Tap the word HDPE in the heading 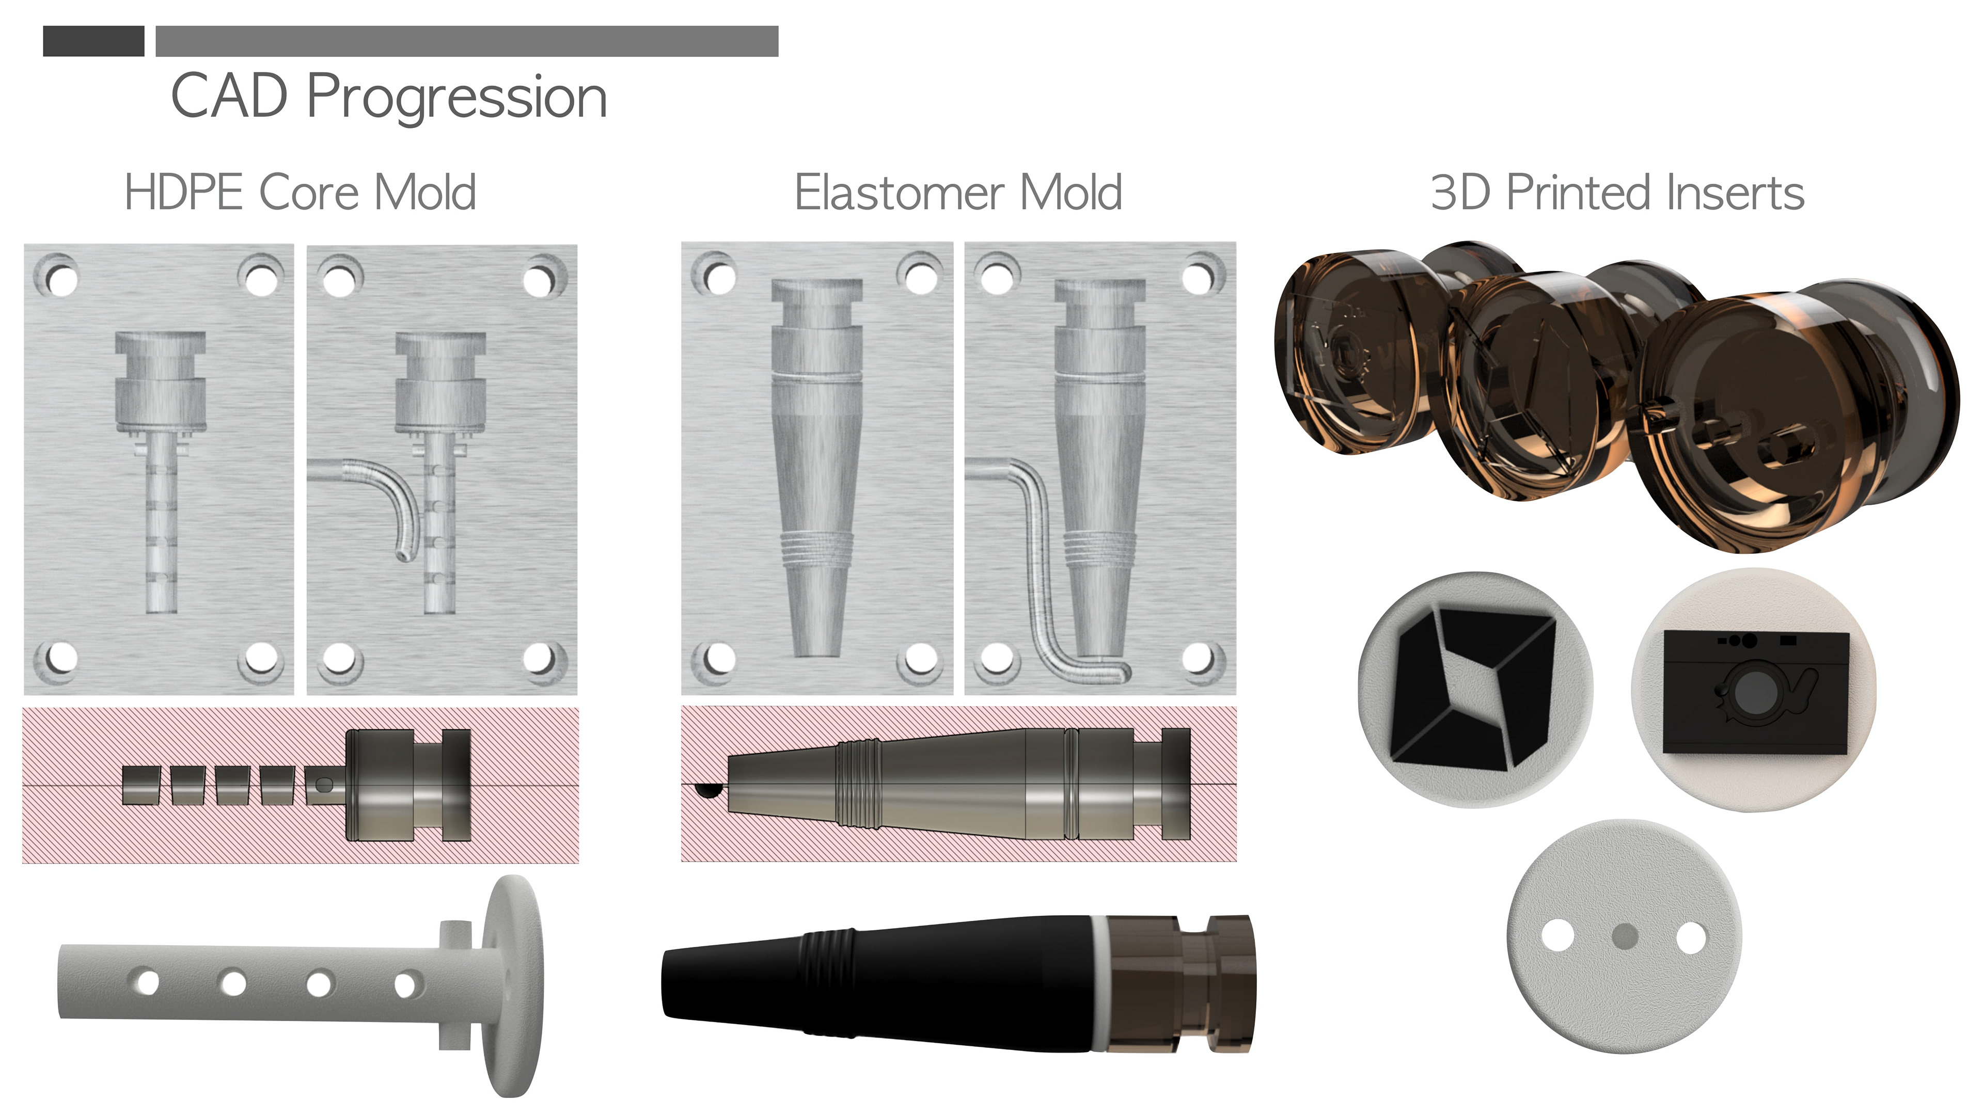(183, 193)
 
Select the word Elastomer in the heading (899, 193)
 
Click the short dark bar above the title (93, 41)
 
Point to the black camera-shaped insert (1756, 692)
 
